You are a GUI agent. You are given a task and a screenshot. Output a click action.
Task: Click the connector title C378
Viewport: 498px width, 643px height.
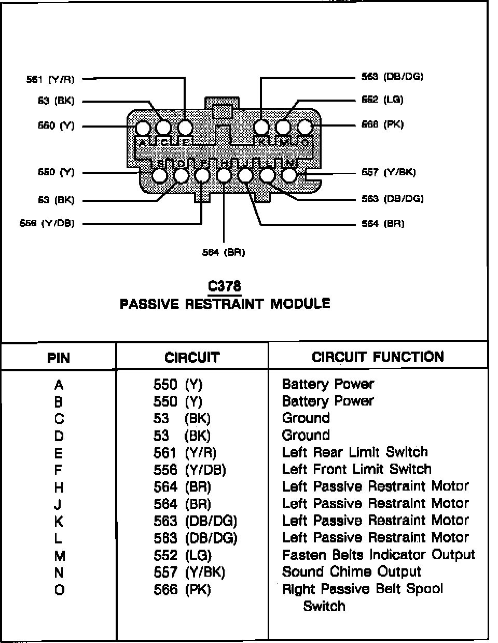click(224, 286)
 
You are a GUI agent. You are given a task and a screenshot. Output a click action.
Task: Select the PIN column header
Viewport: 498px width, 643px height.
click(59, 358)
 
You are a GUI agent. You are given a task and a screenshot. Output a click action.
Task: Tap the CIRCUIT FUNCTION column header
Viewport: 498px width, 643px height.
click(378, 357)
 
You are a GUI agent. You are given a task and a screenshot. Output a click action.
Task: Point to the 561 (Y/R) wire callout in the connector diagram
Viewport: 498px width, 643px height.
click(50, 79)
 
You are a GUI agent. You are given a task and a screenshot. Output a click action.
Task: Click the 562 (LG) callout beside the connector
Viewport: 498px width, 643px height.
click(382, 100)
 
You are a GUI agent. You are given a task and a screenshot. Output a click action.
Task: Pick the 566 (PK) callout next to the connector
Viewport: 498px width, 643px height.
click(382, 124)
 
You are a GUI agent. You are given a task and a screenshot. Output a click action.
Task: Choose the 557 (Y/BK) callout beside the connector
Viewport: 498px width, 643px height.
click(389, 172)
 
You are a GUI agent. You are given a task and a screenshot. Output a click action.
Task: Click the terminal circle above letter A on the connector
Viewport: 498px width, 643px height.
click(143, 128)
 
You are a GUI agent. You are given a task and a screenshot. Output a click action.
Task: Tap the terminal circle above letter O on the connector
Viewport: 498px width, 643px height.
click(305, 127)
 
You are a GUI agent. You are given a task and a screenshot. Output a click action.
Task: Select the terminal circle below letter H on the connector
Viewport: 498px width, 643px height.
click(224, 176)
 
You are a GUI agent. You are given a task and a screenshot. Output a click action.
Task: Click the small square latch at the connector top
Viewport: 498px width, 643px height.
click(223, 111)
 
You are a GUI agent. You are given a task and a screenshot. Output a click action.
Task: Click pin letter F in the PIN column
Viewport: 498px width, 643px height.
click(59, 470)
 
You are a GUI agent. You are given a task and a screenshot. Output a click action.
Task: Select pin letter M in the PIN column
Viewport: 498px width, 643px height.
click(59, 556)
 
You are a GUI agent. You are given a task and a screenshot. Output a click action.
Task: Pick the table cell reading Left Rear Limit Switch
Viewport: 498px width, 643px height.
click(355, 452)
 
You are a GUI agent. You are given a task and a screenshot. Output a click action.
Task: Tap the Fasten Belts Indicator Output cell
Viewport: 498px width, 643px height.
click(378, 555)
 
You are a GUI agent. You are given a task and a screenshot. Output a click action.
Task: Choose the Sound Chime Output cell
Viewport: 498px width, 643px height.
click(351, 572)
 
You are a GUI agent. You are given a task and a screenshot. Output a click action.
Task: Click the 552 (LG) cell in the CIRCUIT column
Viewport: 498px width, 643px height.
click(183, 555)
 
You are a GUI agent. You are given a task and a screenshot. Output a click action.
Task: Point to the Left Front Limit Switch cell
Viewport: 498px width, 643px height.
click(356, 469)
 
